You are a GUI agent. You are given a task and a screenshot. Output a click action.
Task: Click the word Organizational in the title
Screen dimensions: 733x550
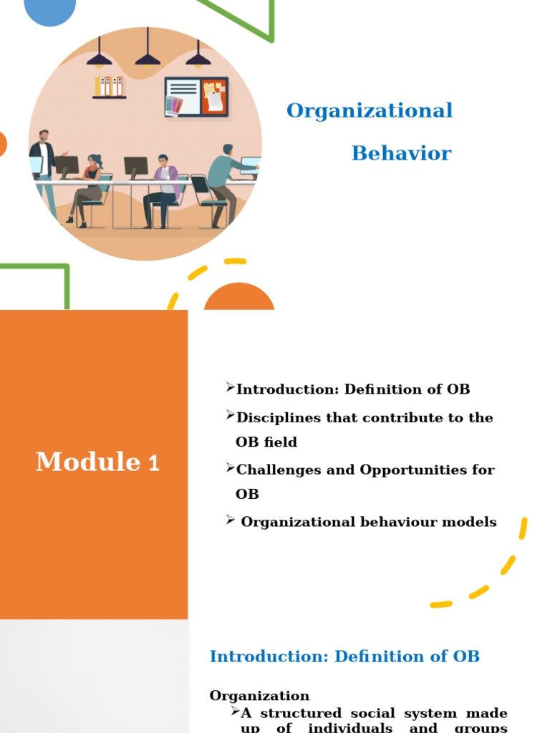pos(370,111)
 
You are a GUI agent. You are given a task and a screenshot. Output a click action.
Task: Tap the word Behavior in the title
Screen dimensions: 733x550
pos(401,153)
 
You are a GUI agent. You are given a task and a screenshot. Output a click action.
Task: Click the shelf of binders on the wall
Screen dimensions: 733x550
pos(109,87)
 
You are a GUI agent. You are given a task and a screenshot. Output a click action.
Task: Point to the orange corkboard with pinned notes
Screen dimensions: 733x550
pos(213,97)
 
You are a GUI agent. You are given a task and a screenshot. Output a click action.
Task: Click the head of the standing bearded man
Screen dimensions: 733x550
pos(44,136)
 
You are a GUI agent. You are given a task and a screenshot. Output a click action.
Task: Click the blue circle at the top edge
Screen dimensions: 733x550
pos(50,10)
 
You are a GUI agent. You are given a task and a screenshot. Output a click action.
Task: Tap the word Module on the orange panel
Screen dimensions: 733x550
pos(87,462)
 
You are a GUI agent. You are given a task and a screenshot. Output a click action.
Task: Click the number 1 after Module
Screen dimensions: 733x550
pos(154,464)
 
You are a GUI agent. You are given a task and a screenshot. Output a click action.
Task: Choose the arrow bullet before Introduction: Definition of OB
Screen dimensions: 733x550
pos(230,388)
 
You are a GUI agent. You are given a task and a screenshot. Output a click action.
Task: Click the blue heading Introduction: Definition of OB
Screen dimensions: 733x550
pos(344,656)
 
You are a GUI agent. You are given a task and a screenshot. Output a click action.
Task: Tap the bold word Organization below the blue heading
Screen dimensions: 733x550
pos(259,696)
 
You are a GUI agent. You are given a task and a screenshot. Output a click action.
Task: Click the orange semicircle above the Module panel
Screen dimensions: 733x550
pos(239,298)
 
